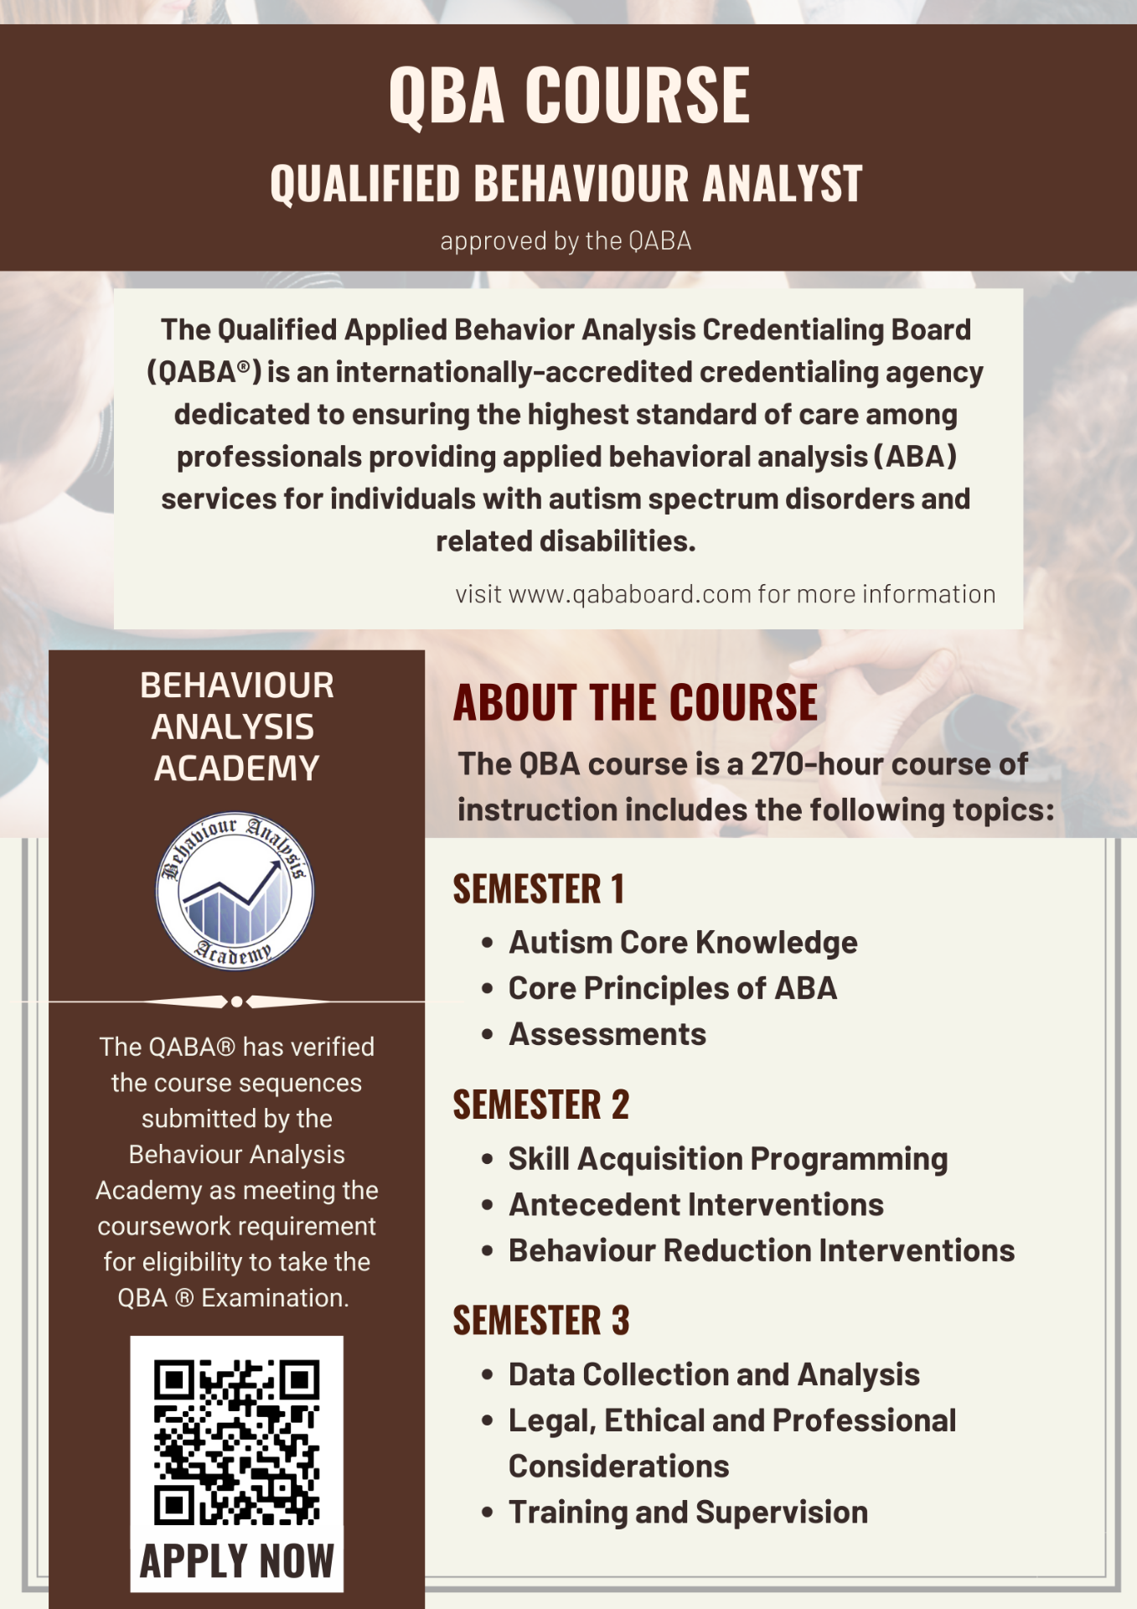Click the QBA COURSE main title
coord(569,96)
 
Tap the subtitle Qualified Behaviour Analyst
coord(566,184)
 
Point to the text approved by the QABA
coord(566,241)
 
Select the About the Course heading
coord(635,702)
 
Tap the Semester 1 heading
coord(539,889)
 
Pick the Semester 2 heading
coord(541,1105)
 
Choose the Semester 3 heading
coord(541,1321)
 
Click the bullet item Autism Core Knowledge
coord(683,943)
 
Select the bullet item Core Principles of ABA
coord(673,989)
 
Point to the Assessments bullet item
coord(607,1035)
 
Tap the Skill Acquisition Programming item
coord(728,1159)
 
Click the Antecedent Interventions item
coord(696,1205)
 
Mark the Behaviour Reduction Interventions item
coord(762,1251)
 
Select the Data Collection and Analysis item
coord(714,1375)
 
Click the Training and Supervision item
coord(688,1513)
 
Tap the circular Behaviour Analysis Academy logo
coord(235,891)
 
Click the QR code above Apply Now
coord(237,1441)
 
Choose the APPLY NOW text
coord(237,1561)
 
